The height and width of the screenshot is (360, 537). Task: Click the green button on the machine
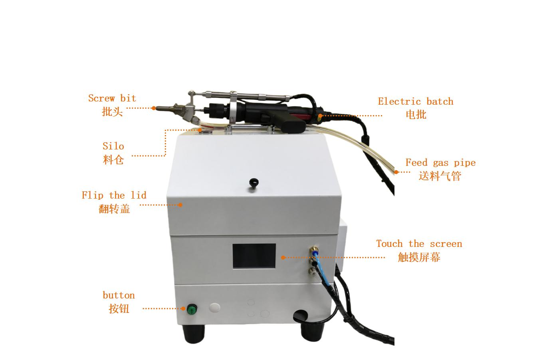[x=192, y=309]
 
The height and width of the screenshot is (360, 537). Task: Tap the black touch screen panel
[x=254, y=256]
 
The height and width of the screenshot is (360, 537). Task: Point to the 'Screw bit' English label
[x=112, y=98]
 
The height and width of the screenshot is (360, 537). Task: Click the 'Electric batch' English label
[x=416, y=101]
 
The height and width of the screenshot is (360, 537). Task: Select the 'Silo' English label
[x=113, y=146]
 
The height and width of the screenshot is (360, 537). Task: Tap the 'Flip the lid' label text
[x=114, y=195]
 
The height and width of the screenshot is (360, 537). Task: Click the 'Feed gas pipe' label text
[x=441, y=163]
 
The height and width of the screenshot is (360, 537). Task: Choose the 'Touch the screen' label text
[x=419, y=244]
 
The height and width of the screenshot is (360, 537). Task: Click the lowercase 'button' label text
[x=119, y=295]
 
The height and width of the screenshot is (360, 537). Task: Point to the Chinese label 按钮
[x=119, y=309]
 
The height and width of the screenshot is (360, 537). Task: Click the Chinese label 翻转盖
[x=114, y=209]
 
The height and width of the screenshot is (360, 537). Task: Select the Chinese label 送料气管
[x=440, y=176]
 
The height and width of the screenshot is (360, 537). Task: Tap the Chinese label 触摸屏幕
[x=419, y=257]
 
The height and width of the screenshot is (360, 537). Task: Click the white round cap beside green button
[x=214, y=308]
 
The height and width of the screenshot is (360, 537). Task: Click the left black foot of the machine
[x=194, y=333]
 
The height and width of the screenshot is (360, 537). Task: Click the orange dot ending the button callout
[x=183, y=308]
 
